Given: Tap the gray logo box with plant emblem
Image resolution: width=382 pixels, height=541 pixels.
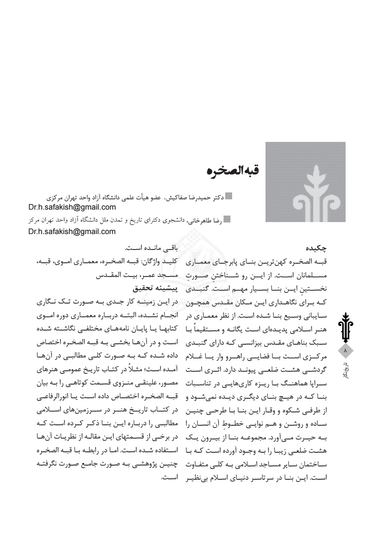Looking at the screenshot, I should tap(305, 182).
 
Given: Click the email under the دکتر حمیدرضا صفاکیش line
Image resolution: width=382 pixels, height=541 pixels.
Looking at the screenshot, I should tap(72, 207).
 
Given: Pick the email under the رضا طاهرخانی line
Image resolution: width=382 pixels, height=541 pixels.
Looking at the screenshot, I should tap(72, 231).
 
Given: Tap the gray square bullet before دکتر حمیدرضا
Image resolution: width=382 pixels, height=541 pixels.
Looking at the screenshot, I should tap(229, 196).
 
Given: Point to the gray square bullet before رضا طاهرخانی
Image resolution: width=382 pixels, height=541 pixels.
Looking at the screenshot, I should tap(227, 219).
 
